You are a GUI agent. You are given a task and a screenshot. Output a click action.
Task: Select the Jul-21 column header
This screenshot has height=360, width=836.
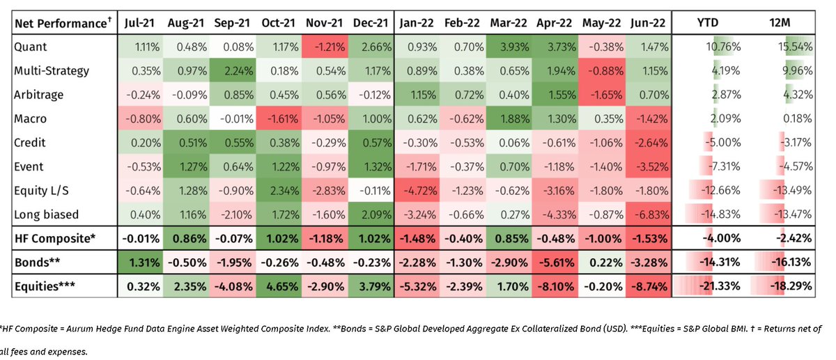click(139, 23)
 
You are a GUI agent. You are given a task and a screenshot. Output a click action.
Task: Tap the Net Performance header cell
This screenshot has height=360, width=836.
click(62, 23)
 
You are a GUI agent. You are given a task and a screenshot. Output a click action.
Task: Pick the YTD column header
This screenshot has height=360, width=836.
click(711, 23)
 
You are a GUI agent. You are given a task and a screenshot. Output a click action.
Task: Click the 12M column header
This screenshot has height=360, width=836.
click(781, 23)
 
